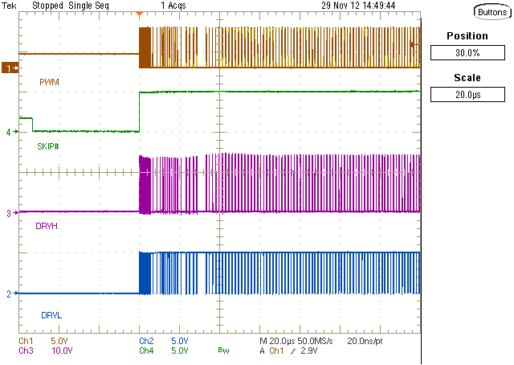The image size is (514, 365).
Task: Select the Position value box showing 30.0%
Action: [x=467, y=52]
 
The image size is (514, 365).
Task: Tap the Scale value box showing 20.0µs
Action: [x=467, y=95]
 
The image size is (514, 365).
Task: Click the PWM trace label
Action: [x=49, y=83]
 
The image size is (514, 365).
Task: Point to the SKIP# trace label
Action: [x=51, y=146]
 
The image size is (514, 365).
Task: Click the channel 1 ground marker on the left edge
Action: [x=10, y=69]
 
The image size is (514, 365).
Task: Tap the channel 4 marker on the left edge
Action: [x=9, y=132]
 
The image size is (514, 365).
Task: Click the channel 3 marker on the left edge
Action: [x=9, y=213]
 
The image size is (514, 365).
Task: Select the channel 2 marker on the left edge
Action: [x=9, y=294]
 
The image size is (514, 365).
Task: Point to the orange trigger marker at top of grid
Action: [x=140, y=14]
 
